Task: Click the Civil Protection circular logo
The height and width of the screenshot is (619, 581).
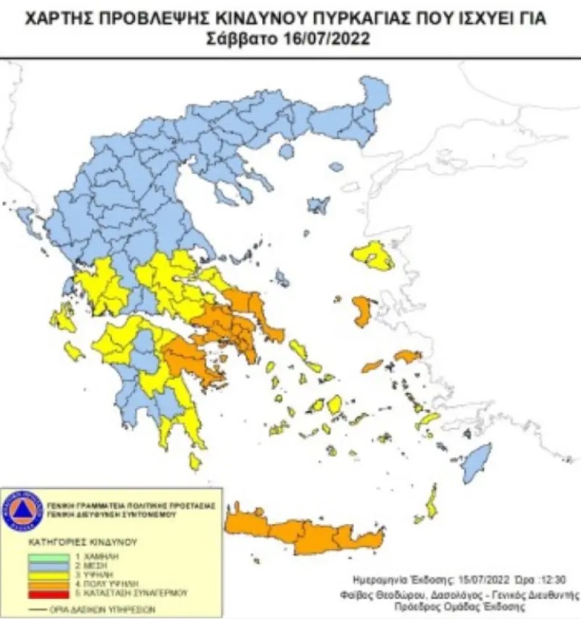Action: coord(22,509)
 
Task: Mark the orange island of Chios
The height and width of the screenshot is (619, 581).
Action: coord(361,310)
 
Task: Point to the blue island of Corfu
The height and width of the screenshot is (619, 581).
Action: coord(25,218)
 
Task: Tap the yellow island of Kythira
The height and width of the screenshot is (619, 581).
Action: coord(194,461)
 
